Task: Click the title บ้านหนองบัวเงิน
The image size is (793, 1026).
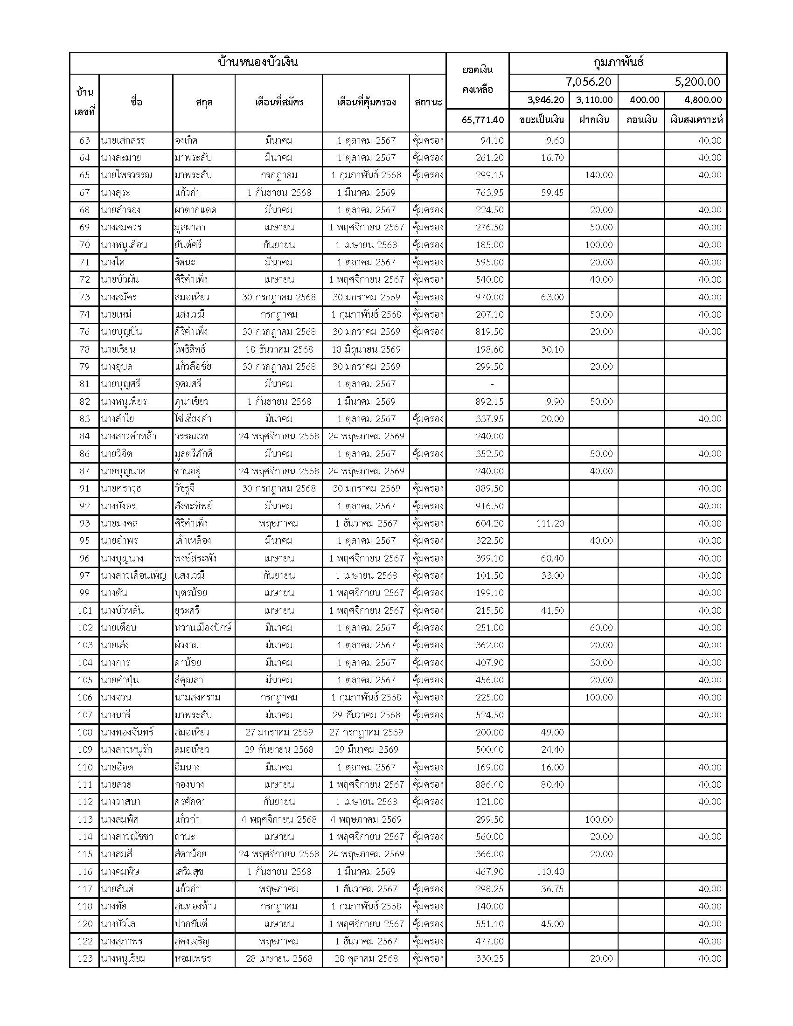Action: [258, 62]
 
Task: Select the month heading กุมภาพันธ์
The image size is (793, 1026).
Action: [618, 62]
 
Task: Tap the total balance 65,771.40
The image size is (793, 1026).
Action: [482, 120]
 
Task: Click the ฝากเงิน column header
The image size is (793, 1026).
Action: [594, 120]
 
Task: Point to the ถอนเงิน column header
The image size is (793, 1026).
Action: [641, 120]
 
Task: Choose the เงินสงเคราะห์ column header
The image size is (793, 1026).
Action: [696, 120]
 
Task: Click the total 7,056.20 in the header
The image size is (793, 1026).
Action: [588, 82]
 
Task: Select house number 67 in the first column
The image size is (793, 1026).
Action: [84, 193]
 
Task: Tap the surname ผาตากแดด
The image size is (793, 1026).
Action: [195, 210]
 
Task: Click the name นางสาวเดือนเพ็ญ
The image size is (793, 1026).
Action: [133, 575]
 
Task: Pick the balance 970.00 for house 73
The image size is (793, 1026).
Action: [489, 297]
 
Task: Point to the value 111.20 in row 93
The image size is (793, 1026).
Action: [550, 523]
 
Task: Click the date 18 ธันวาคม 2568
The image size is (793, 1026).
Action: [278, 349]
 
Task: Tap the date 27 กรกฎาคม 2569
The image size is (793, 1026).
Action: [366, 732]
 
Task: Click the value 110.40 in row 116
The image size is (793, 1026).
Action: [550, 872]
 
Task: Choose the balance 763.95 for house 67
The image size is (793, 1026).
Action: [489, 193]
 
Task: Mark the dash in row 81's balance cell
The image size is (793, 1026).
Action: [492, 384]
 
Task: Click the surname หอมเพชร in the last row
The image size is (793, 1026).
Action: [193, 958]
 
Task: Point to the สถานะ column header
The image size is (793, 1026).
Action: [428, 102]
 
